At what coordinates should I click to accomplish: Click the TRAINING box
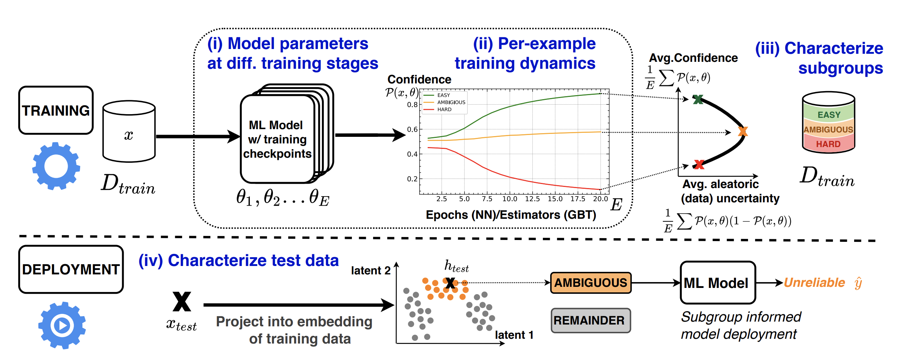coord(56,110)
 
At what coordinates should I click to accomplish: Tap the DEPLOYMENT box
coord(71,269)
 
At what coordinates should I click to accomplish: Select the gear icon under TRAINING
coord(56,166)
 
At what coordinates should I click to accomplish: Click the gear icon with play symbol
coord(62,325)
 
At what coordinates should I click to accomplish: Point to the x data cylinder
coord(129,132)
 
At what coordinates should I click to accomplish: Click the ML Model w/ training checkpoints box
coord(277,139)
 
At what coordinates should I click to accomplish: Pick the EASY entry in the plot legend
coord(443,95)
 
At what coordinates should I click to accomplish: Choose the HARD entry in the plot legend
coord(444,109)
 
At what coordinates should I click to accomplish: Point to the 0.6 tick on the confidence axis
coord(412,129)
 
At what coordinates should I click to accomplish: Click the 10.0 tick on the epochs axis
coord(510,199)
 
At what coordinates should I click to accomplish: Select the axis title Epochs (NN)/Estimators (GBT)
coord(511,215)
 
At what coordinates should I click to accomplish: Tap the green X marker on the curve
coord(698,99)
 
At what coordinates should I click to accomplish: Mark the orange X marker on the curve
coord(743,131)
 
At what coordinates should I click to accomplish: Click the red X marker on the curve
coord(699,165)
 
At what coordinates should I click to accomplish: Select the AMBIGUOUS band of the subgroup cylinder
coord(828,130)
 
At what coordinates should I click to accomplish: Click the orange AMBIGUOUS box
coord(590,283)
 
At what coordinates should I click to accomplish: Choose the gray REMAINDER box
coord(590,320)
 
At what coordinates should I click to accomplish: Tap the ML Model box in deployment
coord(717,283)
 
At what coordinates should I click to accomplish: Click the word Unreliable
coord(814,283)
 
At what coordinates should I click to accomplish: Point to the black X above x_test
coord(182,301)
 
